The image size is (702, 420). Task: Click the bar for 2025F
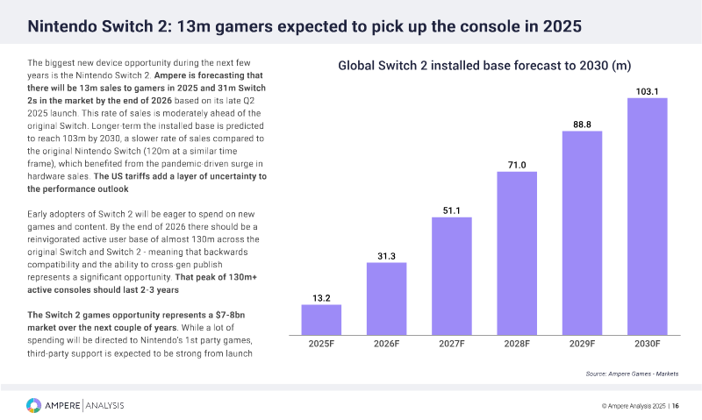tap(321, 319)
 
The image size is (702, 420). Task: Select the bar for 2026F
tap(386, 298)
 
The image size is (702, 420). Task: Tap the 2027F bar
tap(452, 275)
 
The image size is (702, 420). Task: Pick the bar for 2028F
tap(517, 253)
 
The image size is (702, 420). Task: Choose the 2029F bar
tap(582, 232)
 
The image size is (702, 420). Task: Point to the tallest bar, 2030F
tap(648, 216)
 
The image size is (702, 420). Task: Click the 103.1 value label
tap(648, 90)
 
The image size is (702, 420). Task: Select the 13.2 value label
tap(321, 297)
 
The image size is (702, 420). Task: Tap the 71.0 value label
tap(517, 164)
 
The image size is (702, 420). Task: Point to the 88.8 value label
tap(582, 125)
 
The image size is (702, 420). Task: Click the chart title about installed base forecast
tap(485, 66)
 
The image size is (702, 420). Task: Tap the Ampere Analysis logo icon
tap(33, 405)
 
